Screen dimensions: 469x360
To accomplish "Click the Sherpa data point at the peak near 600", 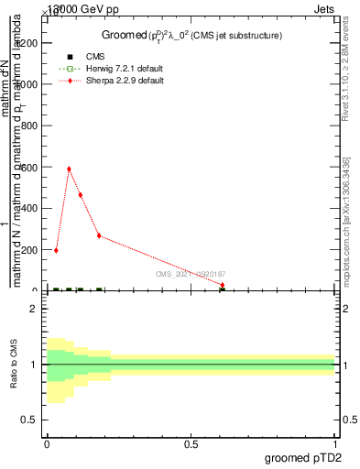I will point(69,169).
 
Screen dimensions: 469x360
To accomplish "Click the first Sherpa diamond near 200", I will point(56,250).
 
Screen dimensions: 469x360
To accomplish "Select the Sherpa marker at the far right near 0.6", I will point(223,285).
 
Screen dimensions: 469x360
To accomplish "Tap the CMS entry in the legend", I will point(95,57).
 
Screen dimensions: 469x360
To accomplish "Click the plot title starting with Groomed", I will point(191,36).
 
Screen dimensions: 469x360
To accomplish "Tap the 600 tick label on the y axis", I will point(30,168).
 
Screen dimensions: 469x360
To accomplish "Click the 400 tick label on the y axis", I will point(30,209).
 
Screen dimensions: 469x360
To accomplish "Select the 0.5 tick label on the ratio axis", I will point(29,420).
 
